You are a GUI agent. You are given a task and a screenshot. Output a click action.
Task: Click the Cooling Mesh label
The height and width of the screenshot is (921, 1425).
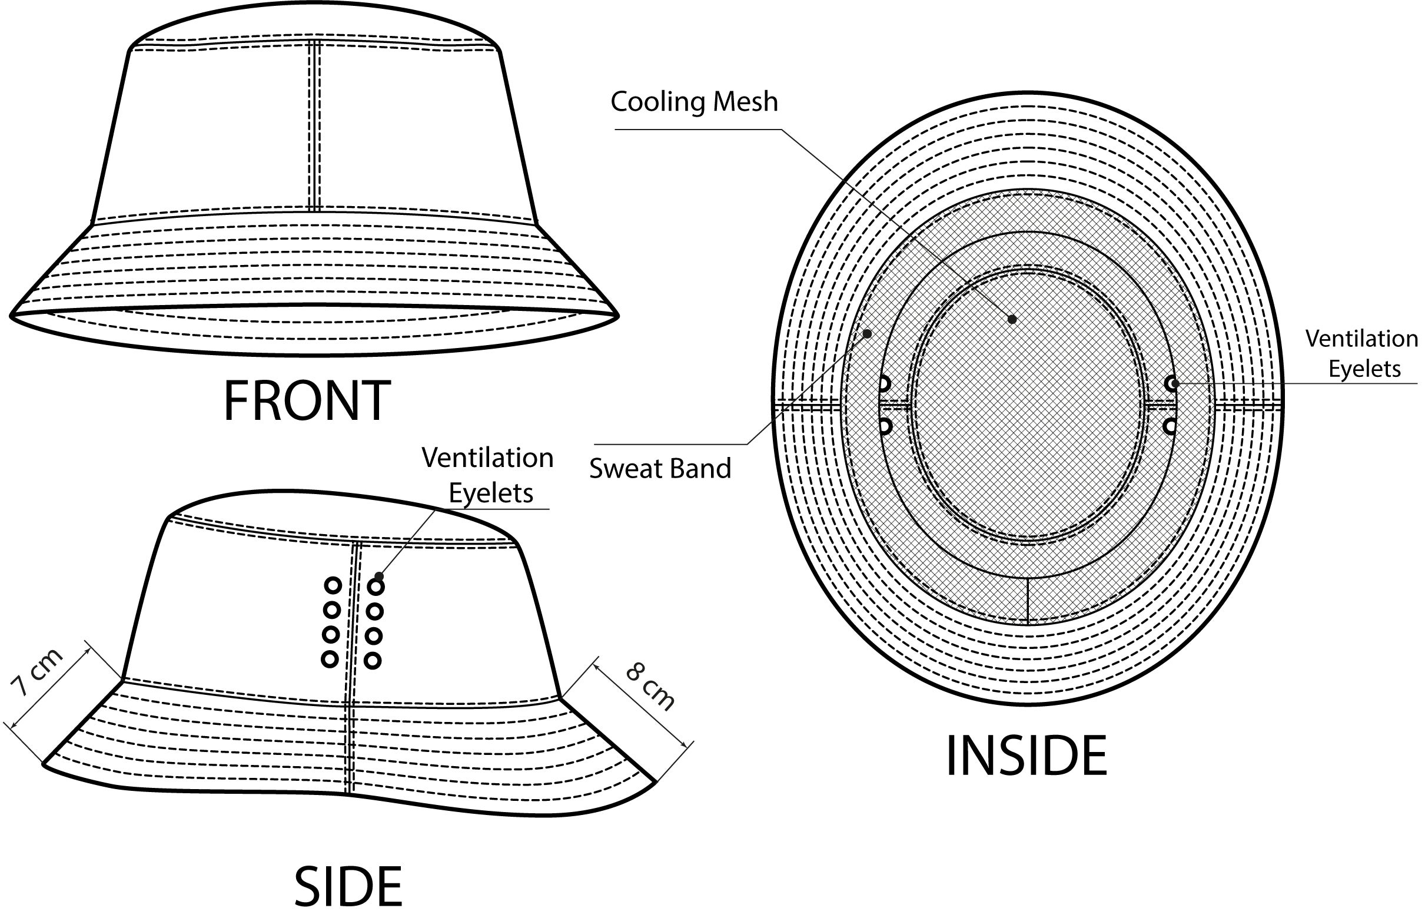(x=694, y=102)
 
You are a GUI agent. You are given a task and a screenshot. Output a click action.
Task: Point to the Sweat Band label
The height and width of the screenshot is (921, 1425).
(x=660, y=468)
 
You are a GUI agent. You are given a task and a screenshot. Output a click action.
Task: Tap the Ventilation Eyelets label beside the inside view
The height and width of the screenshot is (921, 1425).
(x=1362, y=353)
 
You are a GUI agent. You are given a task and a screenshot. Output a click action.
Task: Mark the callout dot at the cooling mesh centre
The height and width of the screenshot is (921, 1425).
(x=1012, y=319)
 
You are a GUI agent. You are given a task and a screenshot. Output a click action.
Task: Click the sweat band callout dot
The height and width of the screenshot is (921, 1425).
(x=868, y=333)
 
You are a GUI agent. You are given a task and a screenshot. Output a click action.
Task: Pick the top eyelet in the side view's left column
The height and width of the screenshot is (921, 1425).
(x=333, y=585)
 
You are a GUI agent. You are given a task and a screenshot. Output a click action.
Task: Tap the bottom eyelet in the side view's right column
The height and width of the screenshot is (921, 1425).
(x=373, y=661)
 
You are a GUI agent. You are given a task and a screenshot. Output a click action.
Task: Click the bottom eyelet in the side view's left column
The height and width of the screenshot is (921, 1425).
(x=330, y=659)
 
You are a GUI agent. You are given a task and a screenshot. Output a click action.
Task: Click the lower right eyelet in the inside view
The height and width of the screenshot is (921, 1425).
(x=1170, y=426)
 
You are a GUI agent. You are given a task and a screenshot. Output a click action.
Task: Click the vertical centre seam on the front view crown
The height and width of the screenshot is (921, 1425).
(x=314, y=125)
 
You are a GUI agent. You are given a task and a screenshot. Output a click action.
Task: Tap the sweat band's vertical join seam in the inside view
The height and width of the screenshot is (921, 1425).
(x=1027, y=601)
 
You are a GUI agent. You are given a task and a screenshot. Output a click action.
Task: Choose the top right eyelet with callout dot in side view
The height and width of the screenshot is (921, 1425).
(x=376, y=586)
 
